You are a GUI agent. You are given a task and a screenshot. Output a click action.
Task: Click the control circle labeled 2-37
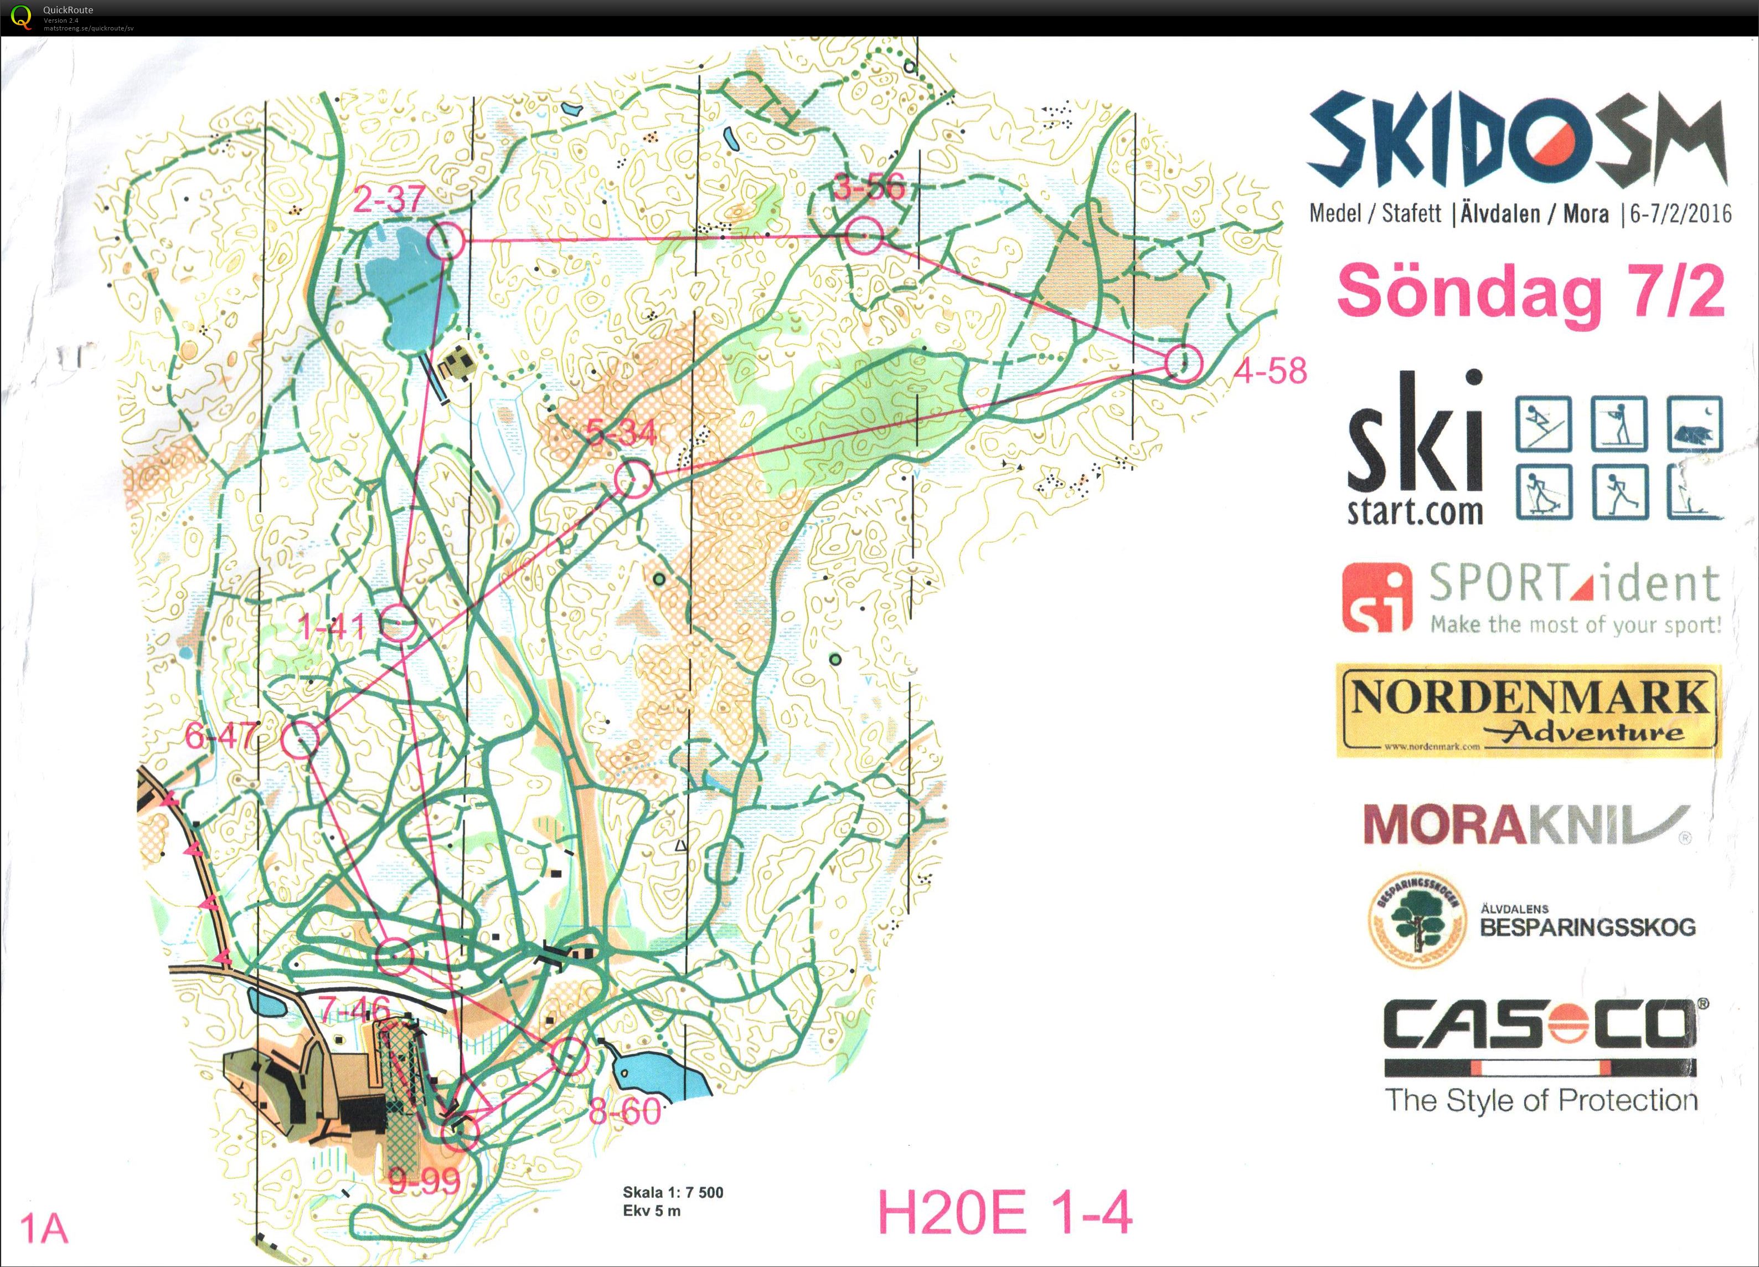pos(446,242)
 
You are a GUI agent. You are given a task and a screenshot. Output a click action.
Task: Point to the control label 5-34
pos(621,433)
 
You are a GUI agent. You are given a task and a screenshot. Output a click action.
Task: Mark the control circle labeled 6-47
pos(301,738)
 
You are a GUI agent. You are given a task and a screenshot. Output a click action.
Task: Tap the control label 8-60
pos(625,1112)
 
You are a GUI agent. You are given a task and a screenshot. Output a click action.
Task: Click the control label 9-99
pos(424,1182)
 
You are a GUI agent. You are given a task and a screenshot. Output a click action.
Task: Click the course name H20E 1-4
pos(1004,1213)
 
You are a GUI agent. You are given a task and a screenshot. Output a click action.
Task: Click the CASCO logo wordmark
pos(1540,1025)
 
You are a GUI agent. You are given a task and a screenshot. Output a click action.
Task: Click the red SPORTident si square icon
pos(1374,597)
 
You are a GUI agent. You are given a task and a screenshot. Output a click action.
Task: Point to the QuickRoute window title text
pos(68,9)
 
